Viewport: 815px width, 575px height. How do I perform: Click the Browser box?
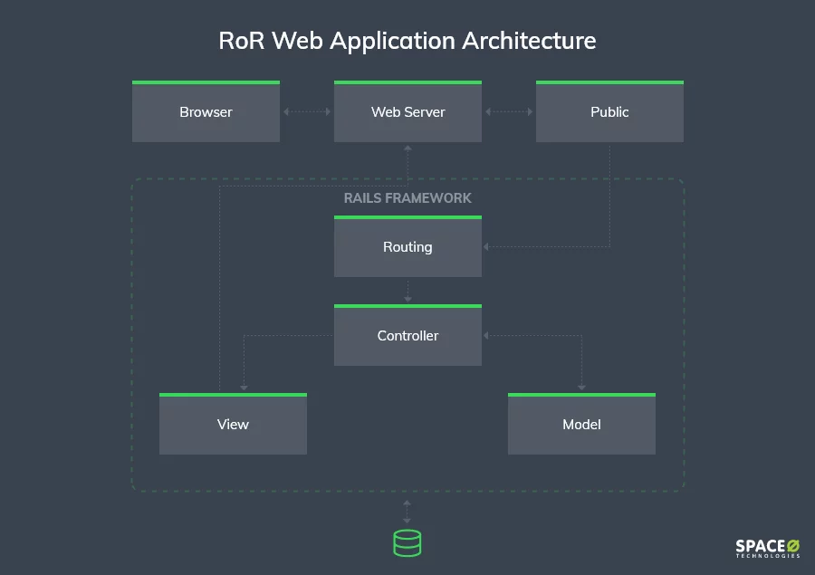[x=206, y=111]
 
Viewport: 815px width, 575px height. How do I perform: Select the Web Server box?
[x=408, y=111]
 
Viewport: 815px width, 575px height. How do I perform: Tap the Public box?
[x=609, y=111]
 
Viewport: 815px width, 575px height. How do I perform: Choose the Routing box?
[x=408, y=246]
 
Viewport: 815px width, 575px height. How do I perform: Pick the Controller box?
[x=408, y=335]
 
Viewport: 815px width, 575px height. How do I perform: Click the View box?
[x=233, y=424]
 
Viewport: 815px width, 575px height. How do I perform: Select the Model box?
[x=581, y=424]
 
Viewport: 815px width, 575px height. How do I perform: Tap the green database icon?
[x=407, y=543]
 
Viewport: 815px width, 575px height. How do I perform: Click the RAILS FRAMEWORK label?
[x=407, y=198]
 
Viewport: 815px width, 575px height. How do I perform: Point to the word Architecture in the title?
[x=529, y=41]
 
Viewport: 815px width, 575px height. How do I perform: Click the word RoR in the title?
[x=241, y=41]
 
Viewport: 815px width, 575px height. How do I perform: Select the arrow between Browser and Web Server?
[x=307, y=111]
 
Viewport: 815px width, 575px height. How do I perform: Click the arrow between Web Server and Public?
[x=509, y=111]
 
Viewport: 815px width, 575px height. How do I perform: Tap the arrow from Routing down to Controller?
[x=408, y=291]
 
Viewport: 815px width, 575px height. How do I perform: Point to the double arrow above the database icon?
[x=407, y=513]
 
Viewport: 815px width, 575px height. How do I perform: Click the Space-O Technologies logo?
[x=768, y=549]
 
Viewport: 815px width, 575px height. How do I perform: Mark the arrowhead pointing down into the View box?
[x=244, y=388]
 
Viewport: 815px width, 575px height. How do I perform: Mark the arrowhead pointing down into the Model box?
[x=581, y=388]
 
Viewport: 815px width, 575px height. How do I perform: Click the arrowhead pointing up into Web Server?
[x=408, y=149]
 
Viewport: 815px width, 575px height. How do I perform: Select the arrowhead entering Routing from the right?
[x=486, y=247]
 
